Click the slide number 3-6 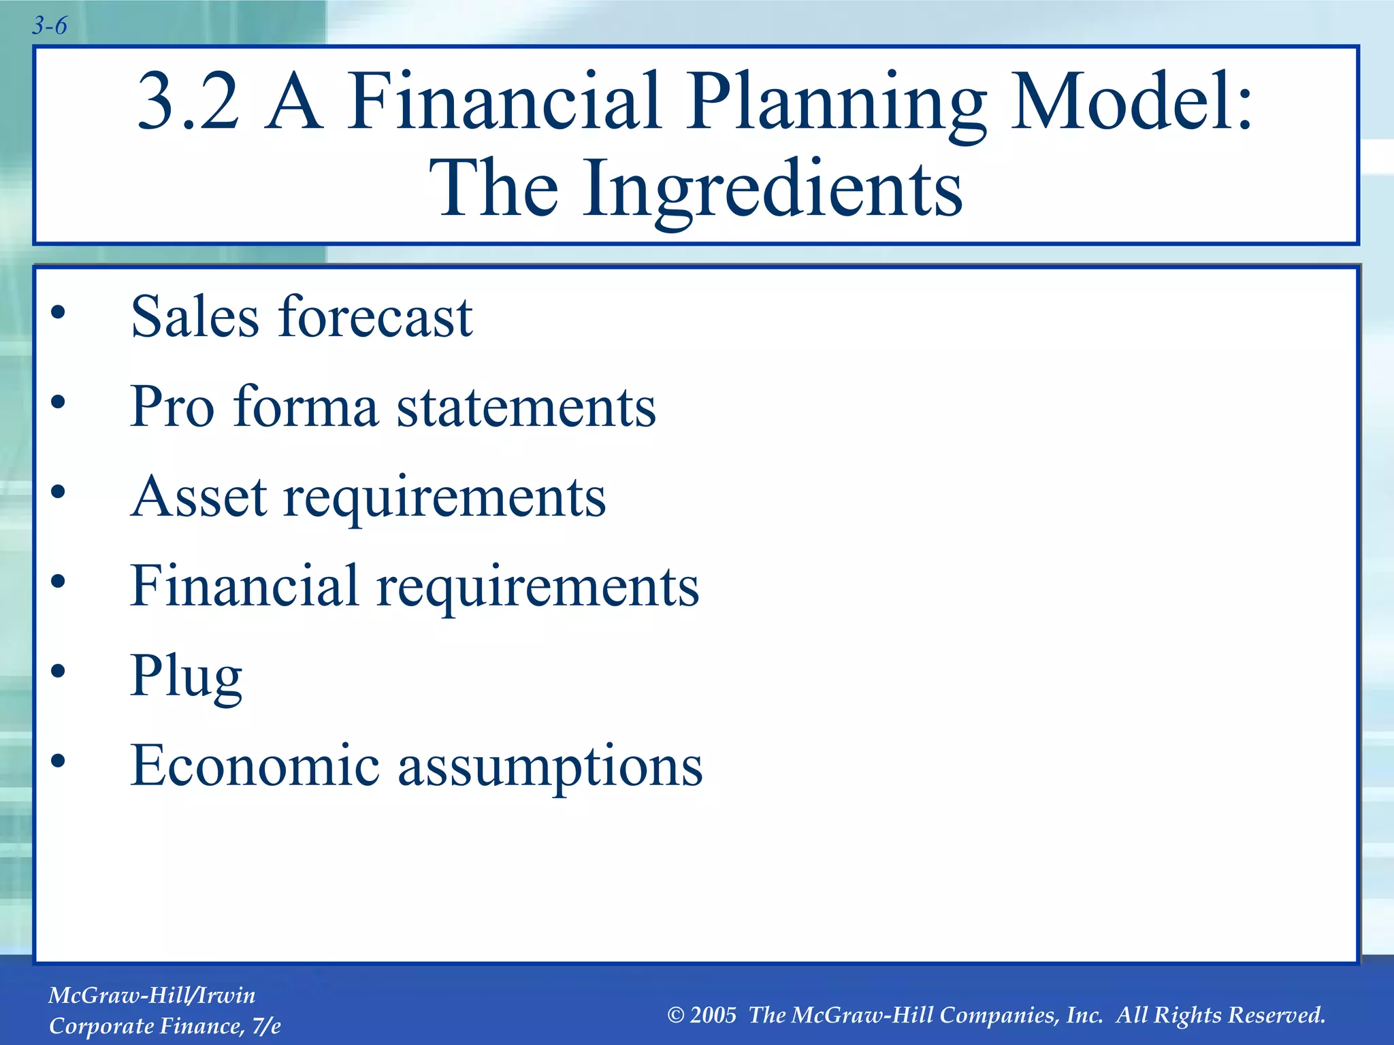point(50,26)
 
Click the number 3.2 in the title point(189,102)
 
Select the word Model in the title point(1130,102)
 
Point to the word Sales point(195,316)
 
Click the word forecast point(376,316)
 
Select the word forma point(306,406)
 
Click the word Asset point(199,496)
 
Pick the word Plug point(186,676)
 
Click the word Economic point(255,765)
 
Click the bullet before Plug point(59,671)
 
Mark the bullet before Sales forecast point(59,312)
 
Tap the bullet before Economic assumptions point(59,761)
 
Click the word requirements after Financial point(538,587)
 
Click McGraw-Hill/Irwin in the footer point(152,995)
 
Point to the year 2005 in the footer point(713,1015)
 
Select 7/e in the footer point(266,1026)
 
